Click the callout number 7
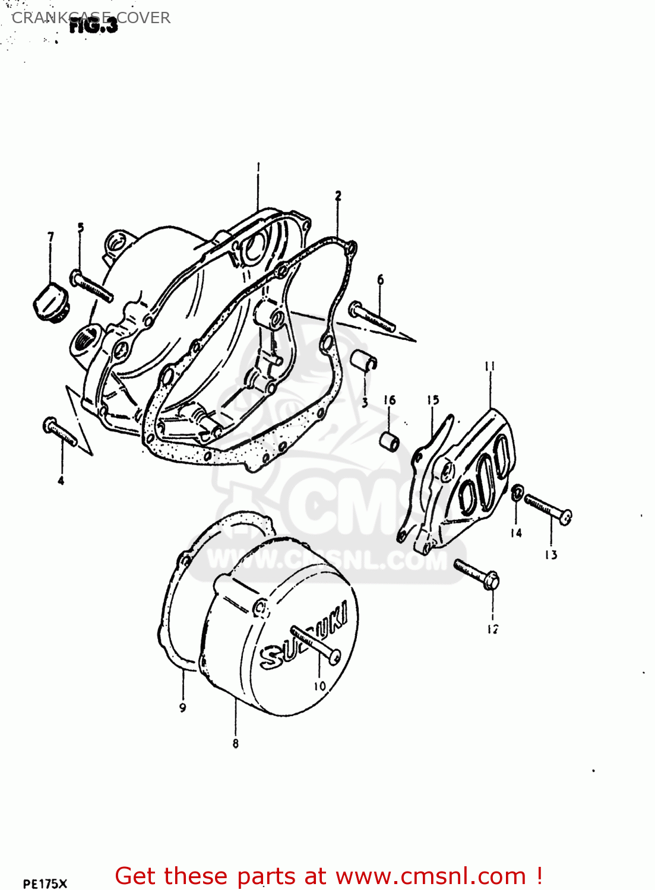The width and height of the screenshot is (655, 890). (x=50, y=237)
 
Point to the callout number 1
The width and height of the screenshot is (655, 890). (x=258, y=168)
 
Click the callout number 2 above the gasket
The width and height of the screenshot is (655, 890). (x=338, y=195)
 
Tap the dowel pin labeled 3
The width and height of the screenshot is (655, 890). (x=364, y=361)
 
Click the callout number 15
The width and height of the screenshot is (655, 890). (x=433, y=400)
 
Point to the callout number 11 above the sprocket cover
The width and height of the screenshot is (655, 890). (x=490, y=367)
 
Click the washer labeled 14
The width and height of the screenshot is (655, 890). (x=517, y=492)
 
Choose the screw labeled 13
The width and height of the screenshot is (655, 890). (x=548, y=509)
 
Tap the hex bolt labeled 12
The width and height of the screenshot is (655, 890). (x=476, y=574)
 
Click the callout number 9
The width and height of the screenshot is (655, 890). (x=183, y=707)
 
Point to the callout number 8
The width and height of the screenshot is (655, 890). (x=236, y=743)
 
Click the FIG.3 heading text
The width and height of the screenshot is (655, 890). (x=93, y=26)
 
